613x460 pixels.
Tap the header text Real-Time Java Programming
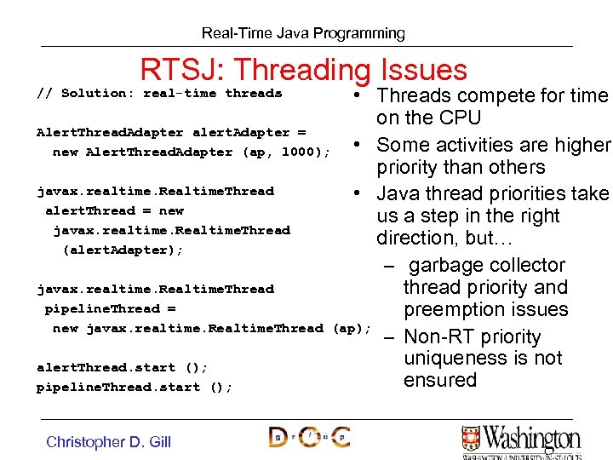(x=303, y=33)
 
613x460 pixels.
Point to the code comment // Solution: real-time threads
(x=159, y=93)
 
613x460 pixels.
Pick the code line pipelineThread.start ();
(x=134, y=387)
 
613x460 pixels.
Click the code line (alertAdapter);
(x=123, y=250)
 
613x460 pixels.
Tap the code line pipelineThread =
(x=110, y=308)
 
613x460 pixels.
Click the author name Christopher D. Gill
(x=108, y=441)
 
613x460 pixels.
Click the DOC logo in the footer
(x=309, y=437)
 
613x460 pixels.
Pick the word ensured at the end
(x=439, y=380)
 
